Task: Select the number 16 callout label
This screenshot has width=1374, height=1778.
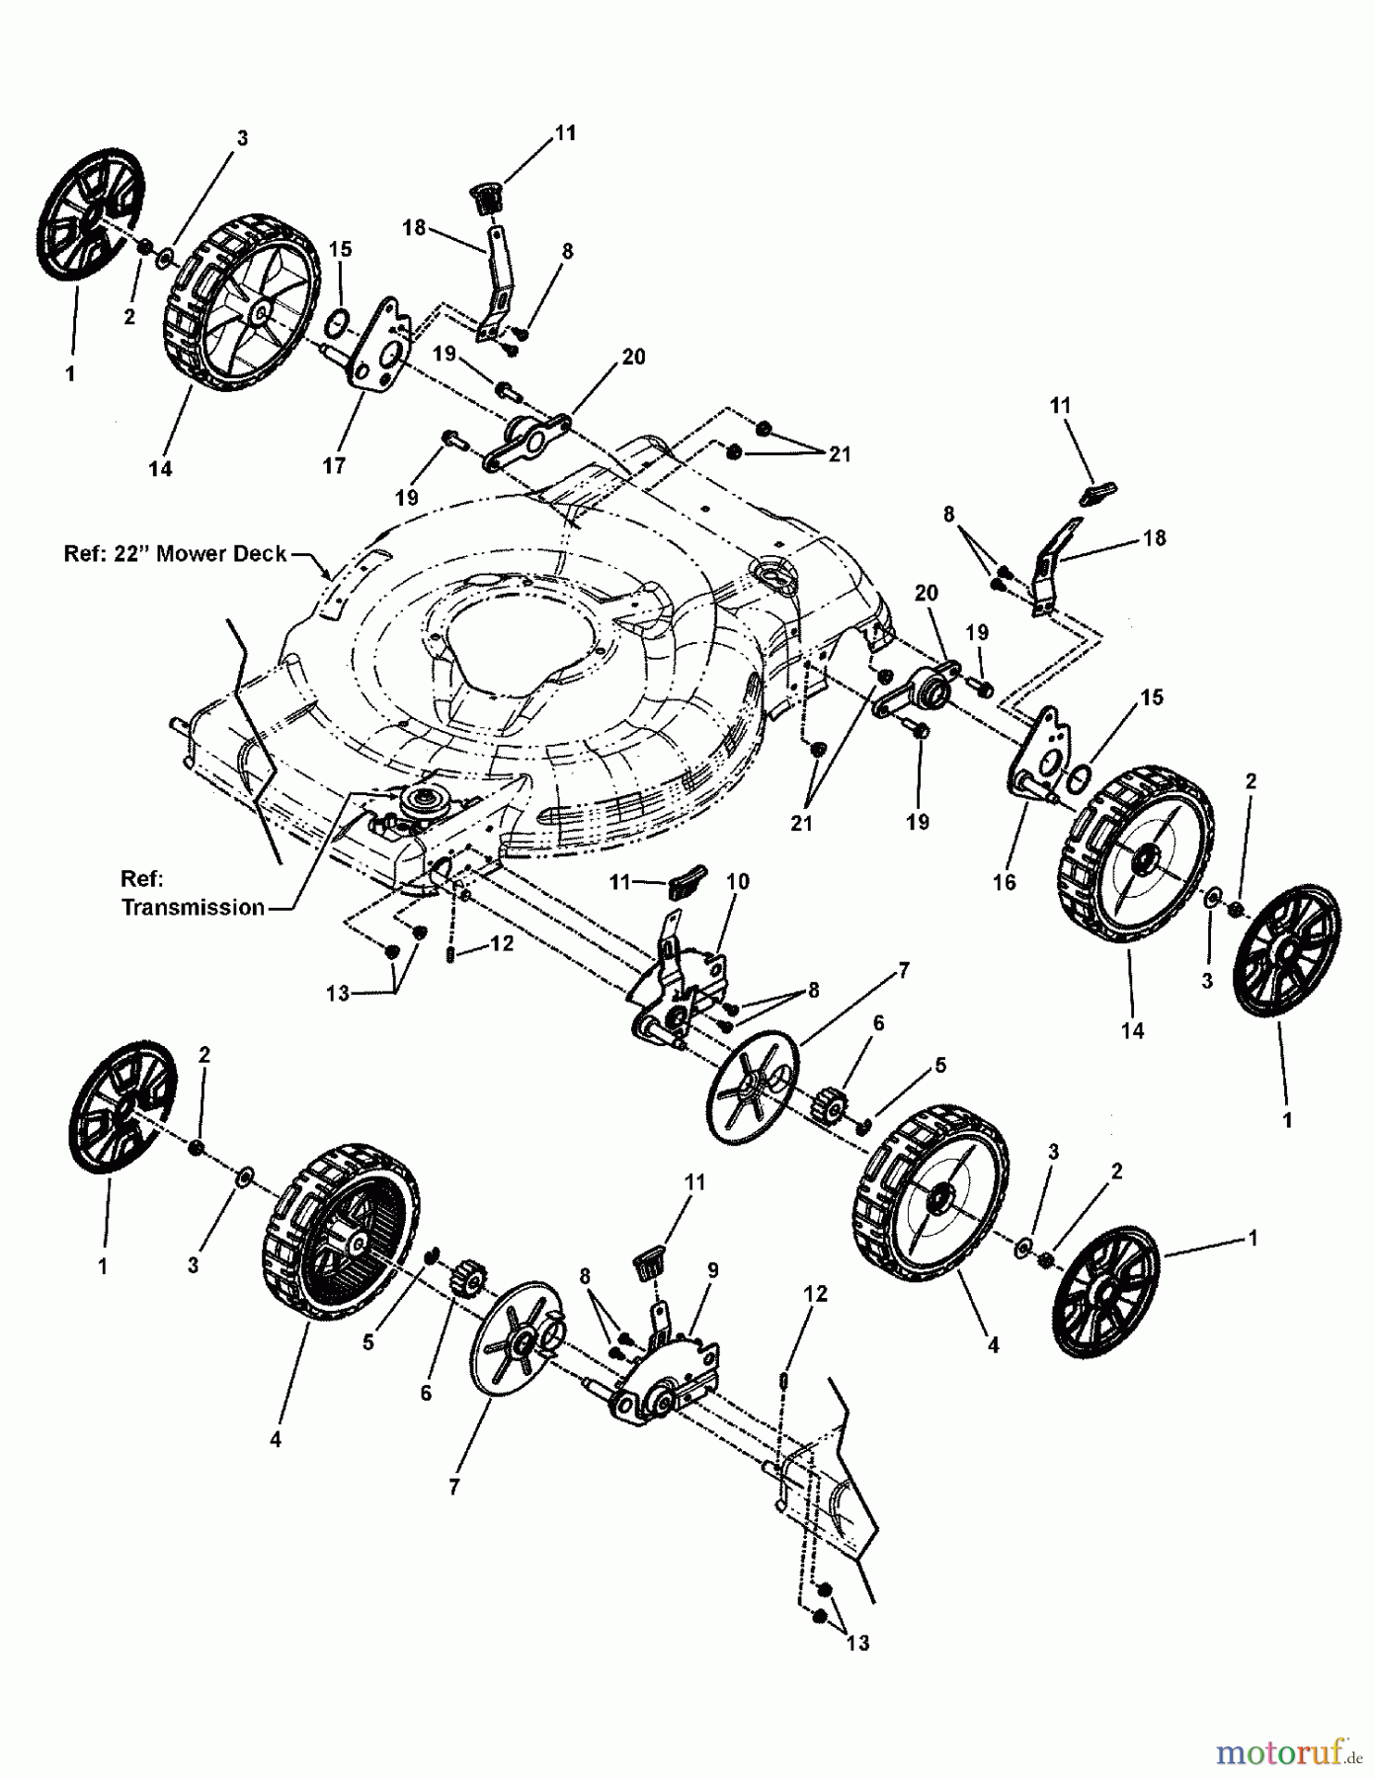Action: pyautogui.click(x=1004, y=882)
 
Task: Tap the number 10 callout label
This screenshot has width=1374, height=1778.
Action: pyautogui.click(x=737, y=881)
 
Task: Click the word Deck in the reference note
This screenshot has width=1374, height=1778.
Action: pyautogui.click(x=259, y=554)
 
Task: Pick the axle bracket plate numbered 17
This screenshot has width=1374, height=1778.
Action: pyautogui.click(x=378, y=351)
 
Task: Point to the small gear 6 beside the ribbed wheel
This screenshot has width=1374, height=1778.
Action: pyautogui.click(x=464, y=1282)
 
